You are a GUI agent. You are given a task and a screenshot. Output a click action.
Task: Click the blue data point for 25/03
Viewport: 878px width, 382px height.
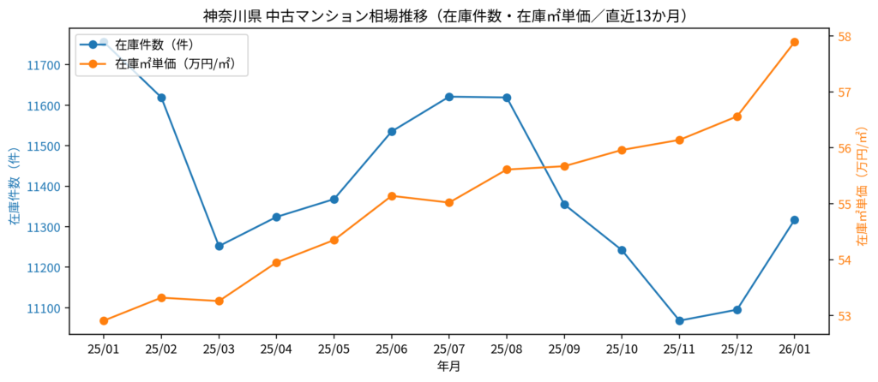point(219,246)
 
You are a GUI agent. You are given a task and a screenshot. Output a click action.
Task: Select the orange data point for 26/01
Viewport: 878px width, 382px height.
point(794,42)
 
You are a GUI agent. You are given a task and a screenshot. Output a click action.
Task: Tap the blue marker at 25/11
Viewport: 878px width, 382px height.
point(679,321)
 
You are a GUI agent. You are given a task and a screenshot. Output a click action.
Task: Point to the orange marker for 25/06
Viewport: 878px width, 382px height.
point(392,196)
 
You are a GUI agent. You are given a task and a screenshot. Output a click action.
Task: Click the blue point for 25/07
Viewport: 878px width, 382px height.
point(449,97)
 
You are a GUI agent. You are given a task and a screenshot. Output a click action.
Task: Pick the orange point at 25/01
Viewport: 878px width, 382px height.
point(104,321)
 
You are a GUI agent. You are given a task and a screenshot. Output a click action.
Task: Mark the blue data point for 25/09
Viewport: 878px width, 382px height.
point(564,205)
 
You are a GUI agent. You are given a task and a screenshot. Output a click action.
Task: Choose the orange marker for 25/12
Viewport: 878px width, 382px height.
point(737,116)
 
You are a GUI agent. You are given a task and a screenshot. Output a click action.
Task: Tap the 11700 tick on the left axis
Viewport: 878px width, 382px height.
point(43,65)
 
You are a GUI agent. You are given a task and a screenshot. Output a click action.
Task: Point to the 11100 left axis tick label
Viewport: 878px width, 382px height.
point(43,308)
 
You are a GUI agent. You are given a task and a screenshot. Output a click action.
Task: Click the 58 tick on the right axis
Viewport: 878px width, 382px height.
point(845,37)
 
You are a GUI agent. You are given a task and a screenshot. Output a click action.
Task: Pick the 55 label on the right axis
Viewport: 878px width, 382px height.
point(845,205)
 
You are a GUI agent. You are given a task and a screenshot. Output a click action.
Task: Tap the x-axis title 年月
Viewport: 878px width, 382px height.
point(448,367)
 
